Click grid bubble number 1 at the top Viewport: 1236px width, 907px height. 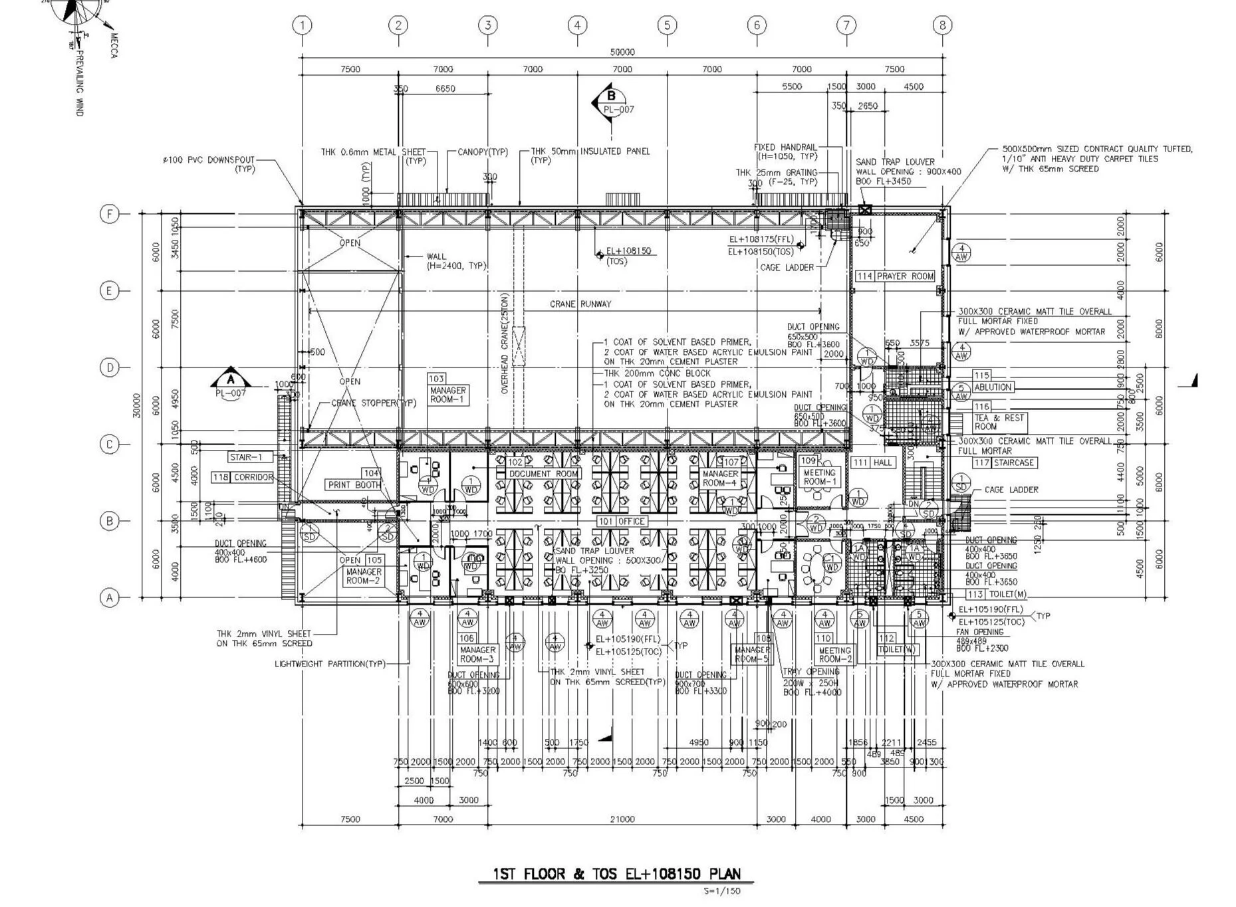pyautogui.click(x=302, y=25)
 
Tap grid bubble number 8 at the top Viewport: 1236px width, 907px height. pyautogui.click(x=942, y=25)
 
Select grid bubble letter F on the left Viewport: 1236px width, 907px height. pyautogui.click(x=109, y=214)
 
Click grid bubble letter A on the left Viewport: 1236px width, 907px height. pyautogui.click(x=109, y=598)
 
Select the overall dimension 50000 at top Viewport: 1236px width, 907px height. pyautogui.click(x=622, y=52)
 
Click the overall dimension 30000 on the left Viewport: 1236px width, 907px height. pyautogui.click(x=137, y=405)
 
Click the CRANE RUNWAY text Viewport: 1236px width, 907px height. pyautogui.click(x=580, y=304)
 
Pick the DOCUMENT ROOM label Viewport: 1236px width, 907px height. pyautogui.click(x=543, y=474)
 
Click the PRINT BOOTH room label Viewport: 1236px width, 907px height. pyautogui.click(x=354, y=484)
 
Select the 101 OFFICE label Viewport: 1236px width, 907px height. pyautogui.click(x=622, y=522)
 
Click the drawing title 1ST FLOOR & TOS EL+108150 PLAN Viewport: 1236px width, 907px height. pyautogui.click(x=616, y=874)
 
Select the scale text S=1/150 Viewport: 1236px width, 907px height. pyautogui.click(x=721, y=891)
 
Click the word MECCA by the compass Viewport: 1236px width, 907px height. pyautogui.click(x=114, y=45)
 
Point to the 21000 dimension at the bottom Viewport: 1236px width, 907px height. pyautogui.click(x=622, y=819)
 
